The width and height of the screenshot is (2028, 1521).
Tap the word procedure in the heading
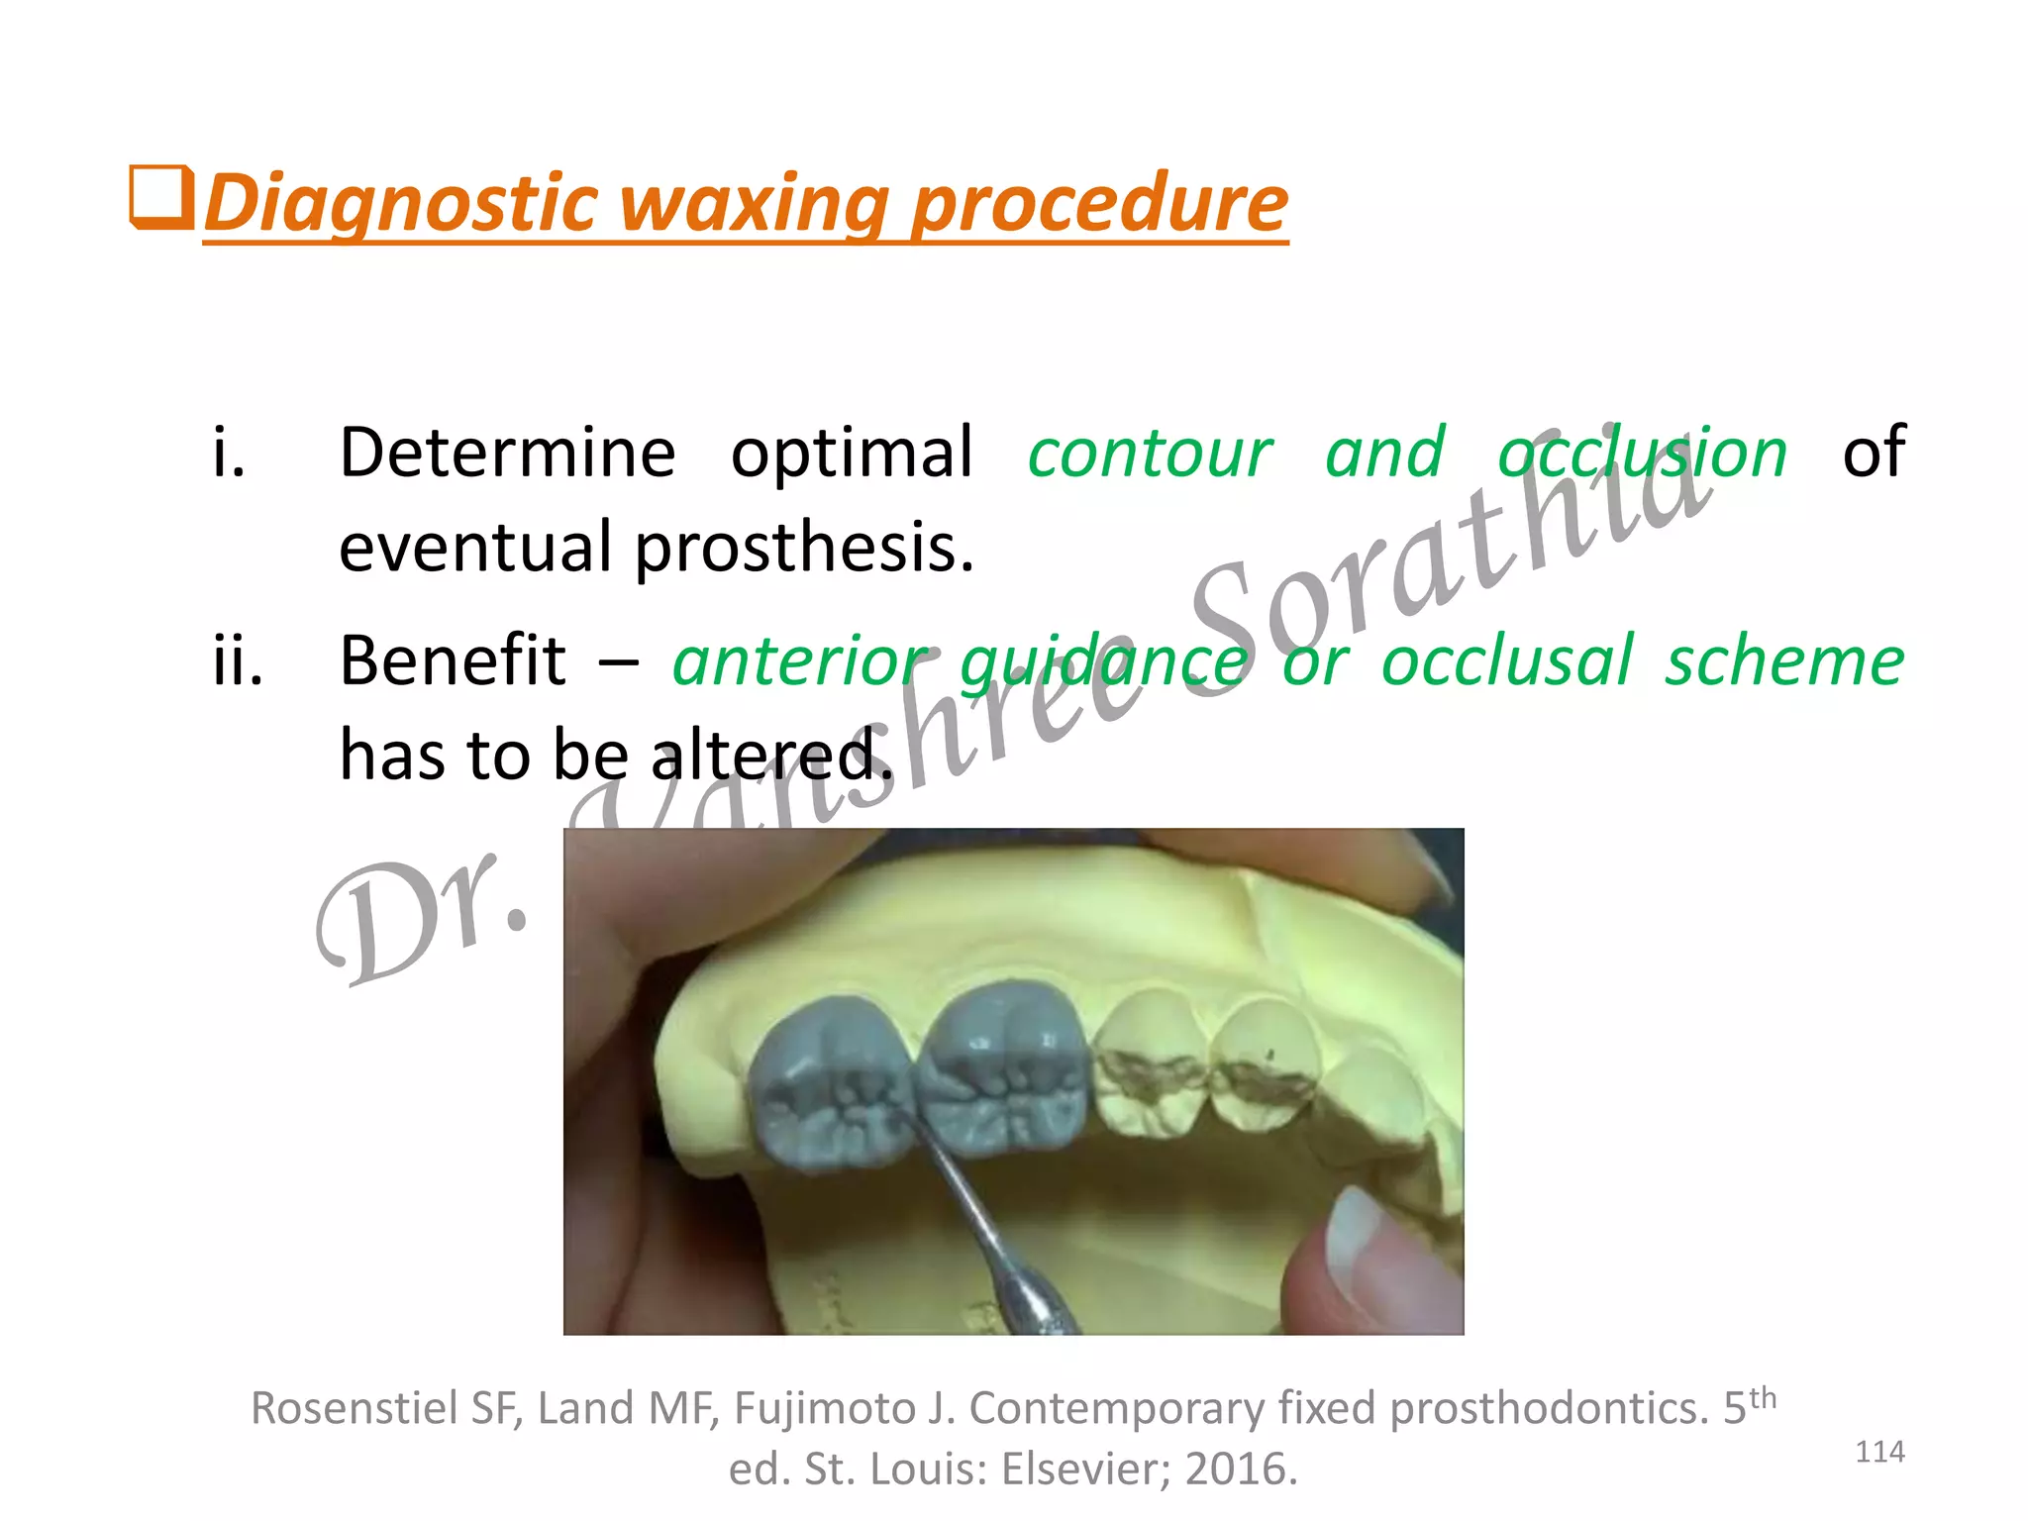[x=1099, y=203]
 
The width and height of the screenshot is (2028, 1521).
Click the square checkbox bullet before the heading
[x=160, y=198]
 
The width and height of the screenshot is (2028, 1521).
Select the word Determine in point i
[x=507, y=454]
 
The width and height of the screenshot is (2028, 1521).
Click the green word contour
[x=1150, y=454]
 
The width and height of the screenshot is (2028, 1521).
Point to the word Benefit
[x=453, y=660]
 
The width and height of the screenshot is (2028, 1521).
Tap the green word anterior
[x=802, y=660]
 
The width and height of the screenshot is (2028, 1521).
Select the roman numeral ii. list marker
[x=238, y=660]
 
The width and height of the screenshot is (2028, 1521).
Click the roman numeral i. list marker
[x=229, y=454]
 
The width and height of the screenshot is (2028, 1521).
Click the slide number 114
[x=1878, y=1452]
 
